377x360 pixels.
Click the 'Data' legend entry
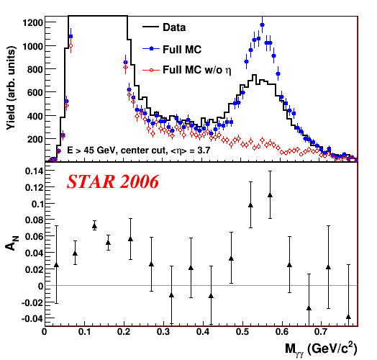point(164,27)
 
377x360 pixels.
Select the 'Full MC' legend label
point(182,50)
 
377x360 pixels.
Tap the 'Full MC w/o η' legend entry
point(197,70)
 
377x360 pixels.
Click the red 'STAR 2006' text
point(113,181)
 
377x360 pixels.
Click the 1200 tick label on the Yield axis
point(32,23)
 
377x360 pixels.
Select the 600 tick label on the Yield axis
point(35,93)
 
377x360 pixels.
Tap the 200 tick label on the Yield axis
point(35,139)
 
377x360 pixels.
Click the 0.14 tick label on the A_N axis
point(35,171)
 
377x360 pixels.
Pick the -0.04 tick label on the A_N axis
point(32,319)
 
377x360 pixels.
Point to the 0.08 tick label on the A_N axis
point(35,220)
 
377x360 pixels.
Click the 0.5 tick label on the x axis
point(243,332)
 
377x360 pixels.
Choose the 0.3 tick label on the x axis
point(163,332)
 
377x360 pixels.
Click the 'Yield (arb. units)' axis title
point(11,88)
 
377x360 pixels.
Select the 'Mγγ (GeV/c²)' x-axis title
point(321,348)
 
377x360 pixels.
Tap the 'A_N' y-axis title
point(12,243)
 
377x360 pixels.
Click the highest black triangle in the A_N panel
point(270,195)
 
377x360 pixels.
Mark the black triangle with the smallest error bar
point(94,226)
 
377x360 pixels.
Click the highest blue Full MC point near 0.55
point(263,24)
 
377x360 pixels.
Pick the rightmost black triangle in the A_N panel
point(348,318)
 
